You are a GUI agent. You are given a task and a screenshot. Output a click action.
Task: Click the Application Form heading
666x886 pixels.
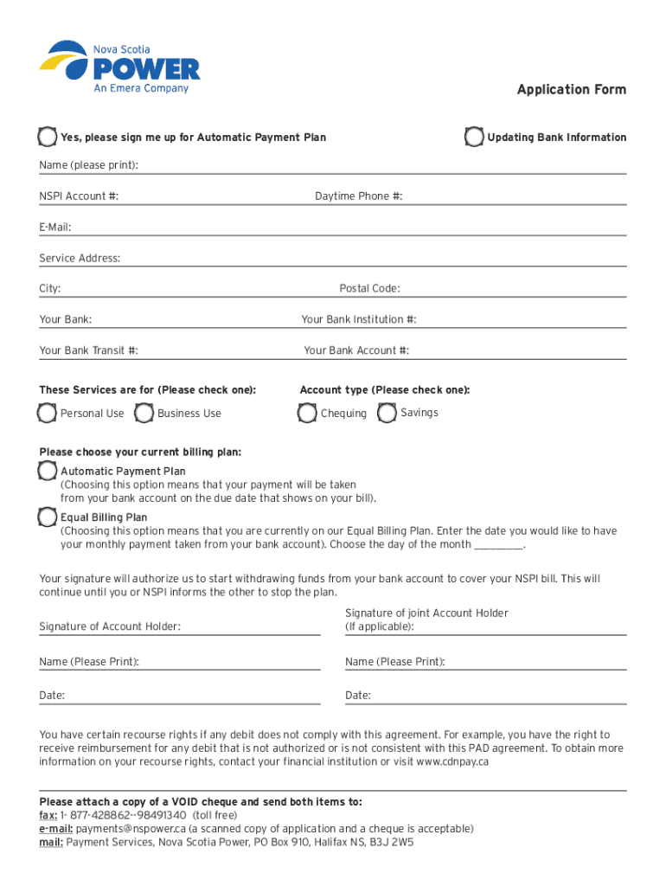click(x=571, y=90)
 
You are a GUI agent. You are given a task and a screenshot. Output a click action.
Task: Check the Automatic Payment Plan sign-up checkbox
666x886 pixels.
click(x=48, y=137)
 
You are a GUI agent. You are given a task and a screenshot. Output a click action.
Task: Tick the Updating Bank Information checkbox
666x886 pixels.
click(x=474, y=137)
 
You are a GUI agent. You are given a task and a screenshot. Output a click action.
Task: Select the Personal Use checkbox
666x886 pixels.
click(x=48, y=414)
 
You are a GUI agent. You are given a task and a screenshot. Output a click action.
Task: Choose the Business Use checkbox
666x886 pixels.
click(x=144, y=414)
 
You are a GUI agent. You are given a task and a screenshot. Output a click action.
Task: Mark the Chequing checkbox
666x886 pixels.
click(x=307, y=414)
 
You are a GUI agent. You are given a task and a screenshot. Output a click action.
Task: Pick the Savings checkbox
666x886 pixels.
click(x=387, y=413)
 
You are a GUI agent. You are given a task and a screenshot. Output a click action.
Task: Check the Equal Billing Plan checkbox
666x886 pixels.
click(x=48, y=517)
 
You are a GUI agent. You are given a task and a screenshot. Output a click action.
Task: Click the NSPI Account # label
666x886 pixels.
click(x=79, y=196)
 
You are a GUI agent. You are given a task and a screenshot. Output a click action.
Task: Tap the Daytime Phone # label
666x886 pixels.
click(x=358, y=196)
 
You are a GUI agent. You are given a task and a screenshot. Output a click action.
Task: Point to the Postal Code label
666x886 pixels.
click(x=369, y=288)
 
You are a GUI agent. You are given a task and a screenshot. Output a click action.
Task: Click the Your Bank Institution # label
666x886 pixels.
click(x=358, y=319)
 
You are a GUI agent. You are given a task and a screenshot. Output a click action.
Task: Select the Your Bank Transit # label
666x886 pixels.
click(x=88, y=350)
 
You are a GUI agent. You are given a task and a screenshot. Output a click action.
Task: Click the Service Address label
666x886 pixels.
click(x=80, y=258)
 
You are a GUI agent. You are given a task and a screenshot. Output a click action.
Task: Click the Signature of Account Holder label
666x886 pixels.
click(x=110, y=626)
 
